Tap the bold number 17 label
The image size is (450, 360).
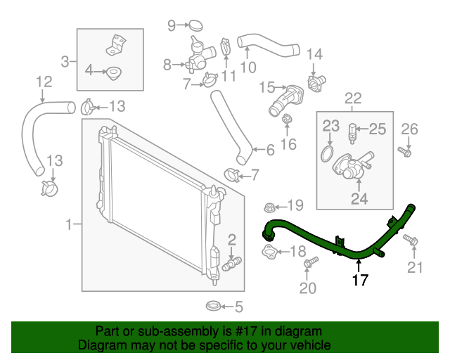pyautogui.click(x=359, y=279)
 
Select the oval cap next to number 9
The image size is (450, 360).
pyautogui.click(x=196, y=27)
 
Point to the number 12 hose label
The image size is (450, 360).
pyautogui.click(x=43, y=82)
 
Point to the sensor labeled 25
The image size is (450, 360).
pyautogui.click(x=354, y=129)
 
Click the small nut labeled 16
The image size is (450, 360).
pyautogui.click(x=287, y=125)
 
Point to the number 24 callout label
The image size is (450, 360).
pyautogui.click(x=359, y=199)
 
